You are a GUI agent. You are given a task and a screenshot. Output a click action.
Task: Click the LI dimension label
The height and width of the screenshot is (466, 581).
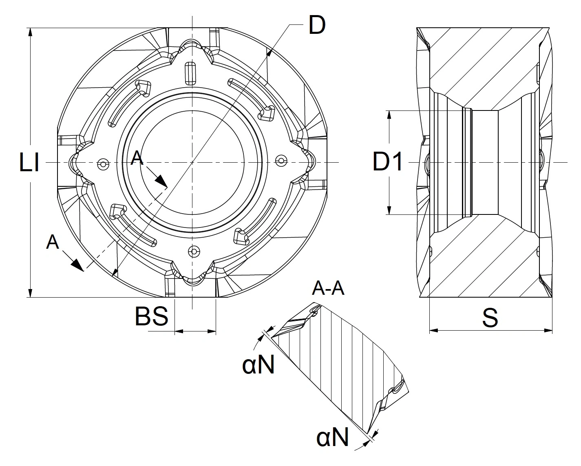point(29,163)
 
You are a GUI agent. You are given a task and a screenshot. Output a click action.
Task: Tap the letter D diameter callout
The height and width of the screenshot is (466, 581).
point(316,25)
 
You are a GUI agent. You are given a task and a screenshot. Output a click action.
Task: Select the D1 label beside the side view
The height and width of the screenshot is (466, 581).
point(388,162)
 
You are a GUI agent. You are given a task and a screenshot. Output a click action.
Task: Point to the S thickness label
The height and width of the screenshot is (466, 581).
point(490,318)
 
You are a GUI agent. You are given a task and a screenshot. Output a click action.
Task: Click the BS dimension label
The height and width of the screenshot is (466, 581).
point(151,316)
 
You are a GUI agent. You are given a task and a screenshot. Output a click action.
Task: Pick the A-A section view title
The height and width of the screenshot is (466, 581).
point(328,288)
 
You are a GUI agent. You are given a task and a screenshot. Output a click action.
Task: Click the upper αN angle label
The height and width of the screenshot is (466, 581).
point(258,365)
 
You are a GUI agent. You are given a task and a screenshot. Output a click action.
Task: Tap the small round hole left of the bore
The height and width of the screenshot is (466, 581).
point(104,164)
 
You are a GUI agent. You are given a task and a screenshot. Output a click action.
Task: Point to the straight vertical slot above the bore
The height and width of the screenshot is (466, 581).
point(190,74)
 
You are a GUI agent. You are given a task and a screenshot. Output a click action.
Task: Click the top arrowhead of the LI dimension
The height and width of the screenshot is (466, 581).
point(30,32)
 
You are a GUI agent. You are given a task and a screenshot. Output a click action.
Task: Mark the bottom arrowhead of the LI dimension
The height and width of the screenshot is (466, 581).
point(30,293)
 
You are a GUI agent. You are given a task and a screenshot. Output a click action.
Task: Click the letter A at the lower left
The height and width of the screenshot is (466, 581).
point(53,242)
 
